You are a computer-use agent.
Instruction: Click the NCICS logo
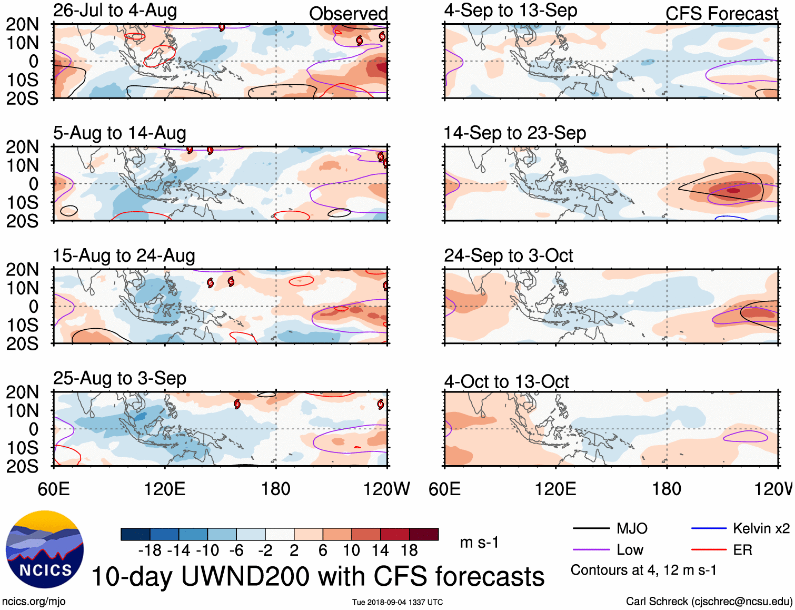coord(45,549)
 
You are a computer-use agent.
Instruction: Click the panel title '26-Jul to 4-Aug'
coord(115,11)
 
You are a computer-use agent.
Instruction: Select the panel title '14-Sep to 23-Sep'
coord(514,133)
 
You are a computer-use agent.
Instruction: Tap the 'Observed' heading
coord(348,14)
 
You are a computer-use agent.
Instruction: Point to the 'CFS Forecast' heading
coord(721,14)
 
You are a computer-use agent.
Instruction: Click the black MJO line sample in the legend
coord(591,528)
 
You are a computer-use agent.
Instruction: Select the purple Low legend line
coord(591,550)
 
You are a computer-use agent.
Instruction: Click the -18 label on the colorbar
coord(150,550)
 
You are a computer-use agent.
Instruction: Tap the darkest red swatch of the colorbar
coord(424,534)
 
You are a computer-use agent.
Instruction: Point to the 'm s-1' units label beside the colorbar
coord(479,543)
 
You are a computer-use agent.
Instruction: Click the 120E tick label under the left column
coord(165,489)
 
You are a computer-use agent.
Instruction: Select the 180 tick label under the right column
coord(667,489)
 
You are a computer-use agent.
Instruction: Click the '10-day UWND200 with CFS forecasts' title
coord(318,576)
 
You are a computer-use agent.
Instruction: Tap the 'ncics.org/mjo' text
coord(34,602)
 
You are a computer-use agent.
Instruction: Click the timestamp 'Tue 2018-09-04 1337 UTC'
coord(397,602)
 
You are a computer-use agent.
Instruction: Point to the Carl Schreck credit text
coord(709,602)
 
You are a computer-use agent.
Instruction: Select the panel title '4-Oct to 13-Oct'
coord(506,381)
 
